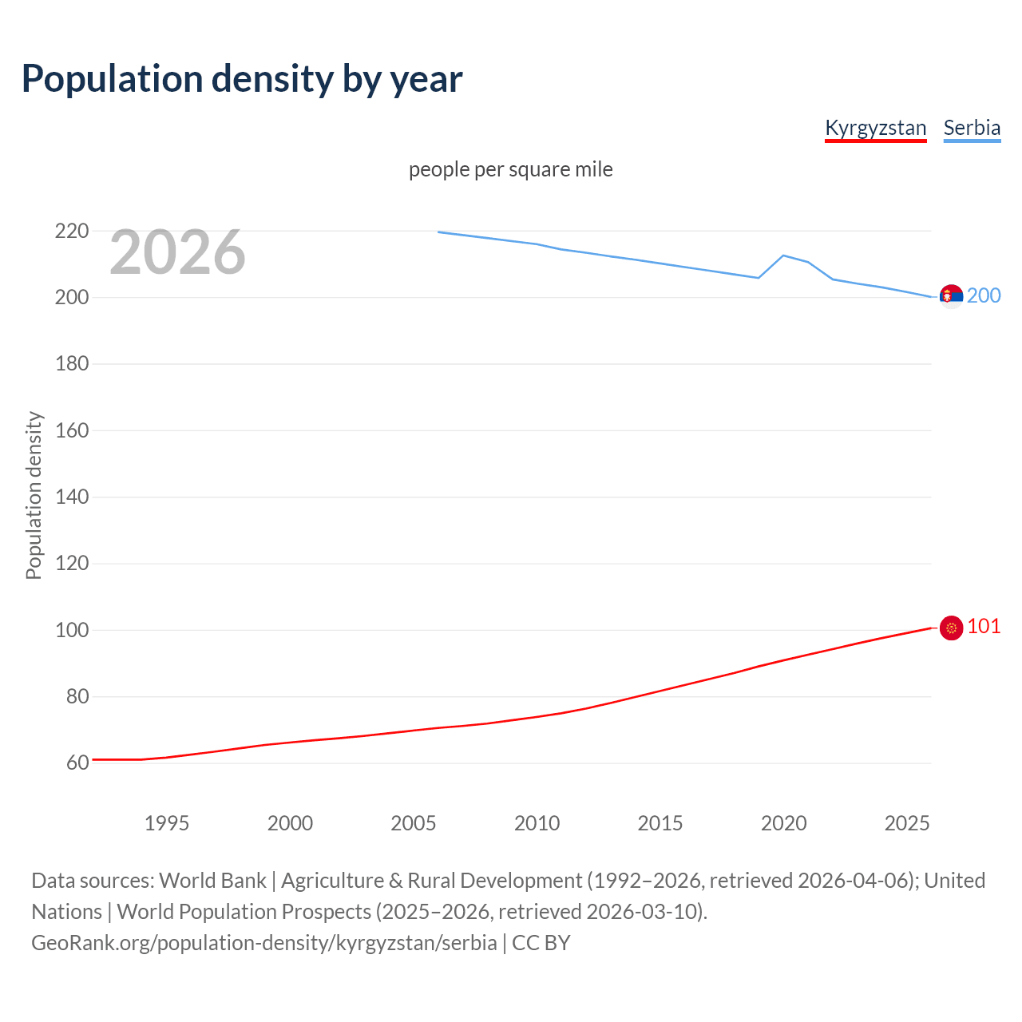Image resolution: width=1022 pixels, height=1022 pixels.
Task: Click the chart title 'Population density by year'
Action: click(x=242, y=79)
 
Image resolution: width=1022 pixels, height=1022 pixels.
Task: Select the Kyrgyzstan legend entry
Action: click(x=875, y=128)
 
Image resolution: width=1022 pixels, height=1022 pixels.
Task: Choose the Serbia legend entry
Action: click(x=972, y=128)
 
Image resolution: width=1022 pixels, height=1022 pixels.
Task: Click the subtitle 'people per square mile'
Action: click(x=510, y=169)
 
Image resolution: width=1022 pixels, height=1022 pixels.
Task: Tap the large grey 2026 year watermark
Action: click(x=177, y=252)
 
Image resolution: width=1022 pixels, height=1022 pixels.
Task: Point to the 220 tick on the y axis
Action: click(x=71, y=232)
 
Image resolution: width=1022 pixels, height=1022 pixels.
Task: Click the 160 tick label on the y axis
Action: click(x=71, y=430)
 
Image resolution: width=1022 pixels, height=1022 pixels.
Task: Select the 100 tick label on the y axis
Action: click(x=71, y=630)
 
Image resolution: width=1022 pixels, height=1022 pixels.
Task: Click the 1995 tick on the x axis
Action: click(x=166, y=823)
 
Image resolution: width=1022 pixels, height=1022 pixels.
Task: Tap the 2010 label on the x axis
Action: click(x=537, y=823)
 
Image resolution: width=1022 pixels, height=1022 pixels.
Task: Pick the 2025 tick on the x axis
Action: click(x=907, y=823)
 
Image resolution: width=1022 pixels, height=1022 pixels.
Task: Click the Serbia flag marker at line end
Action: click(x=951, y=296)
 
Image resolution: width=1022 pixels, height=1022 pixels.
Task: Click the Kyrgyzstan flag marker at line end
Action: click(x=951, y=628)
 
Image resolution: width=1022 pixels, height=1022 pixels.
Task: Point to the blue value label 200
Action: click(x=984, y=296)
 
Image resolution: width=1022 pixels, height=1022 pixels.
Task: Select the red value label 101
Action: click(x=984, y=627)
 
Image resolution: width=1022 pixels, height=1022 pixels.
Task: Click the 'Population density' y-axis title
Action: click(x=34, y=495)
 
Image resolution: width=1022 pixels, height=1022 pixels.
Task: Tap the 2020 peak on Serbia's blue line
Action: click(x=783, y=255)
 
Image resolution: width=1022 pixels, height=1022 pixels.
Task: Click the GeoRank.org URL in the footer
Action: click(x=263, y=943)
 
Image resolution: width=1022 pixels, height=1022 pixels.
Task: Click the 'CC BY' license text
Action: click(x=541, y=943)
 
